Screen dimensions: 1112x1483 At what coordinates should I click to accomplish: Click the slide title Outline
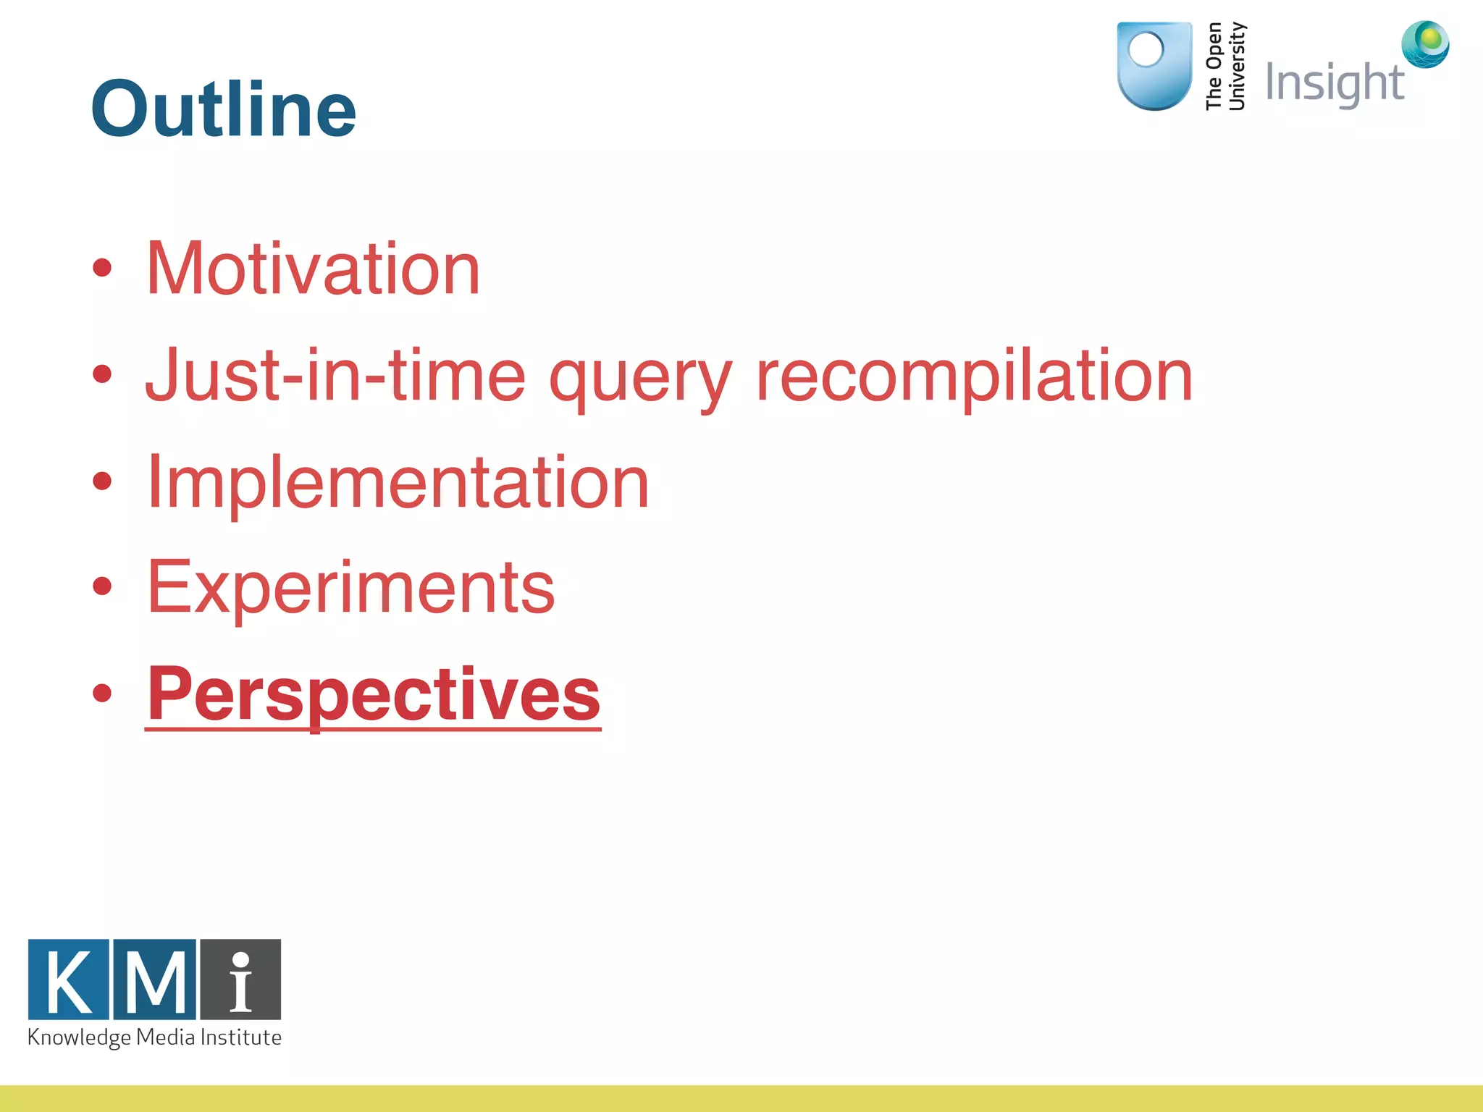[x=223, y=109]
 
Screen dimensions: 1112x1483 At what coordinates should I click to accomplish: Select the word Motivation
[x=313, y=269]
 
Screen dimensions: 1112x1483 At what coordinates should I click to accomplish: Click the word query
[x=640, y=380]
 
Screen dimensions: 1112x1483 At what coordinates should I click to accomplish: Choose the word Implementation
[x=398, y=483]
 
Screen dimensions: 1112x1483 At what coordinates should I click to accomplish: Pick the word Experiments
[x=350, y=588]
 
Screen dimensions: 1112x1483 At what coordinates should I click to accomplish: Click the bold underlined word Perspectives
[x=373, y=695]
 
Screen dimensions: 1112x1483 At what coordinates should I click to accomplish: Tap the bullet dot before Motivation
[x=102, y=269]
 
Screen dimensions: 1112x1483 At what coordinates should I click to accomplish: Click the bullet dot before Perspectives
[x=102, y=693]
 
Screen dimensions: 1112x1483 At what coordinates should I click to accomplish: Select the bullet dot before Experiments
[x=102, y=586]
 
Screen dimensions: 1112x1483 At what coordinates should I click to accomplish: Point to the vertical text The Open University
[x=1225, y=66]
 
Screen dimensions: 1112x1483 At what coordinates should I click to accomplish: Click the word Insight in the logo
[x=1334, y=83]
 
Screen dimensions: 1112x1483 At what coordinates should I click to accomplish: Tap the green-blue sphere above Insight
[x=1425, y=44]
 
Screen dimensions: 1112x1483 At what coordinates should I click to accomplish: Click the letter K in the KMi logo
[x=69, y=980]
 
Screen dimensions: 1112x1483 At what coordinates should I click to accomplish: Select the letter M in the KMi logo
[x=154, y=980]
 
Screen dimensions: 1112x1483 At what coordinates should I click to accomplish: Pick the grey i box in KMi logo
[x=240, y=980]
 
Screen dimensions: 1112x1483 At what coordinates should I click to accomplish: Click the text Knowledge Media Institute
[x=154, y=1037]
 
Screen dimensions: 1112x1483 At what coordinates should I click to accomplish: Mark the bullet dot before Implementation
[x=102, y=481]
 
